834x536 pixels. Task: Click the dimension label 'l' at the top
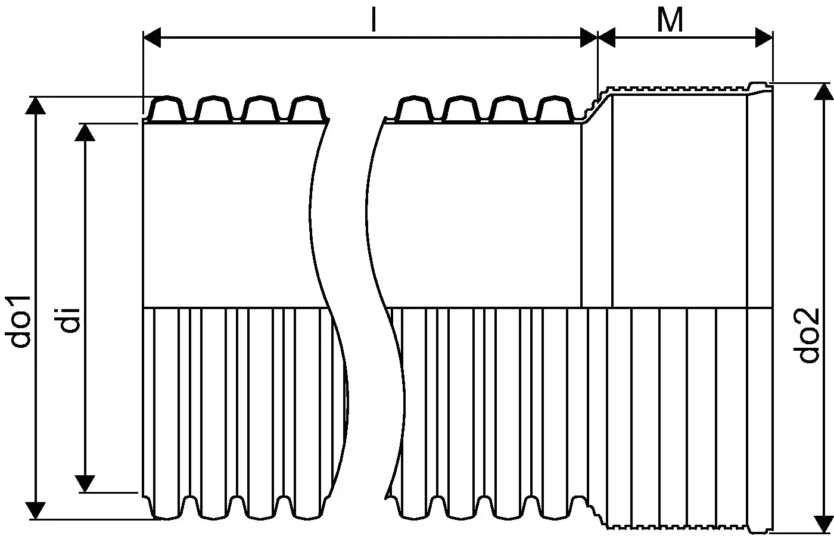(x=374, y=20)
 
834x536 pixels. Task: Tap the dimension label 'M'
(x=670, y=20)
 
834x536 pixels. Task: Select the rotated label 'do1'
(x=17, y=322)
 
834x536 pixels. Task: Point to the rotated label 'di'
(x=70, y=320)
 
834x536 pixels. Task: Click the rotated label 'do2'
(x=809, y=335)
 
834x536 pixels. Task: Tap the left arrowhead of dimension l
(x=152, y=37)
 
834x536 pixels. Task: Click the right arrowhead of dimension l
(x=589, y=37)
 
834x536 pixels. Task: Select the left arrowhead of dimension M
(x=606, y=37)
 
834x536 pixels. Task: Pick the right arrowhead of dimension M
(x=764, y=37)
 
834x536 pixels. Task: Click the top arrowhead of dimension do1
(x=35, y=105)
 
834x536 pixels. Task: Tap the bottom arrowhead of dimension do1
(x=35, y=510)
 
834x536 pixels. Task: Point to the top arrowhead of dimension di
(x=85, y=132)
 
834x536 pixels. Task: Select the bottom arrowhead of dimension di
(x=85, y=484)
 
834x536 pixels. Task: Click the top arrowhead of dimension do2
(x=823, y=92)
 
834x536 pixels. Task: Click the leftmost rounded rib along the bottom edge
(x=167, y=508)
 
